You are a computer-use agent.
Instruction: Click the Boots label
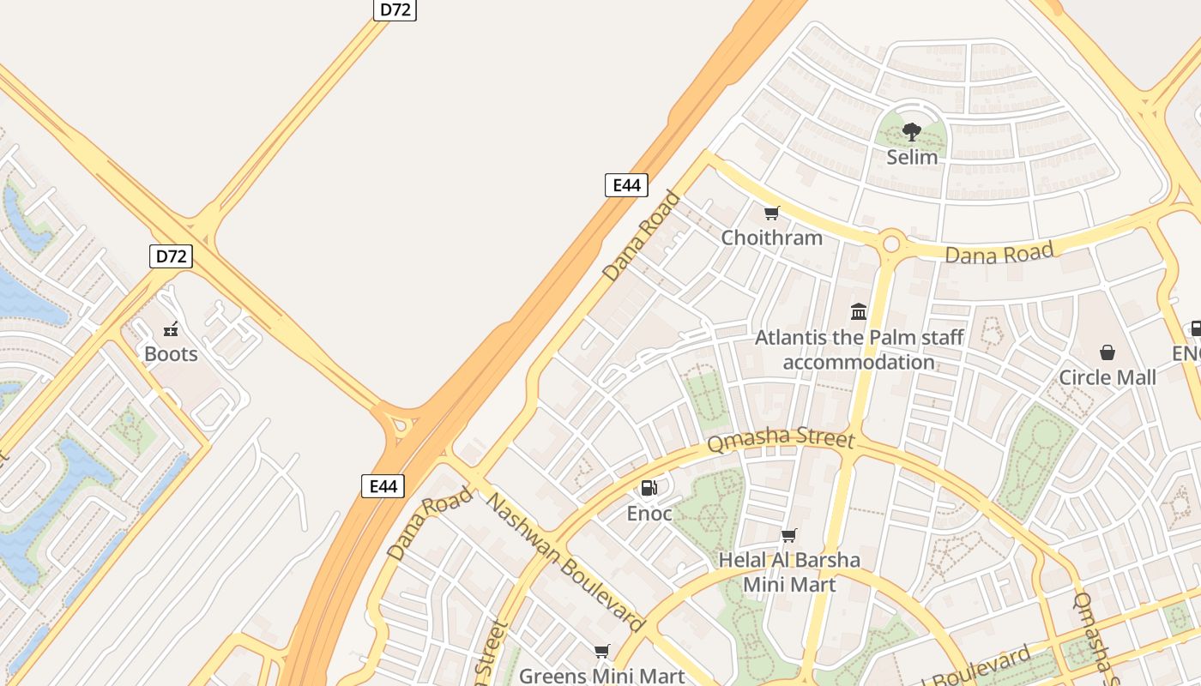(171, 353)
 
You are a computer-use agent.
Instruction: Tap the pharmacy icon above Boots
(171, 328)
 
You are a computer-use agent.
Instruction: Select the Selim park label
(912, 157)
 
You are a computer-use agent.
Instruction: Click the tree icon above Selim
(912, 132)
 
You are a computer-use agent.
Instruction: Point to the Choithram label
(771, 238)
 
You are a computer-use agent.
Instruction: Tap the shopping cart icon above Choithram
(771, 213)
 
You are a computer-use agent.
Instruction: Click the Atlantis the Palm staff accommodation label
(859, 349)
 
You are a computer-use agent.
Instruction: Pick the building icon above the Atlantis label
(859, 311)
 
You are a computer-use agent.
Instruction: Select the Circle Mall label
(1107, 377)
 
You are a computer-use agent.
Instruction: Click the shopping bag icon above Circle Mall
(1107, 352)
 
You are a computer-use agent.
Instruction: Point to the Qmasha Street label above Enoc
(781, 441)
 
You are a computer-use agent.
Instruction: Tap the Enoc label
(649, 513)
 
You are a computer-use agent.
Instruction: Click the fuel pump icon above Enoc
(649, 488)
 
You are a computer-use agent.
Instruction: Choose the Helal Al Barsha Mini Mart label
(788, 572)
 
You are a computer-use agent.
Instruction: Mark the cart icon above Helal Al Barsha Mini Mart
(788, 535)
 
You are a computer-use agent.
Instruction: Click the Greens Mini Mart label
(602, 676)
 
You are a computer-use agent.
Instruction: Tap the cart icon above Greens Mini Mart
(602, 651)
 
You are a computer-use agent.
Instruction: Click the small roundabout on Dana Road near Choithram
(890, 244)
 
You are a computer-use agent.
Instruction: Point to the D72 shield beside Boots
(171, 256)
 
